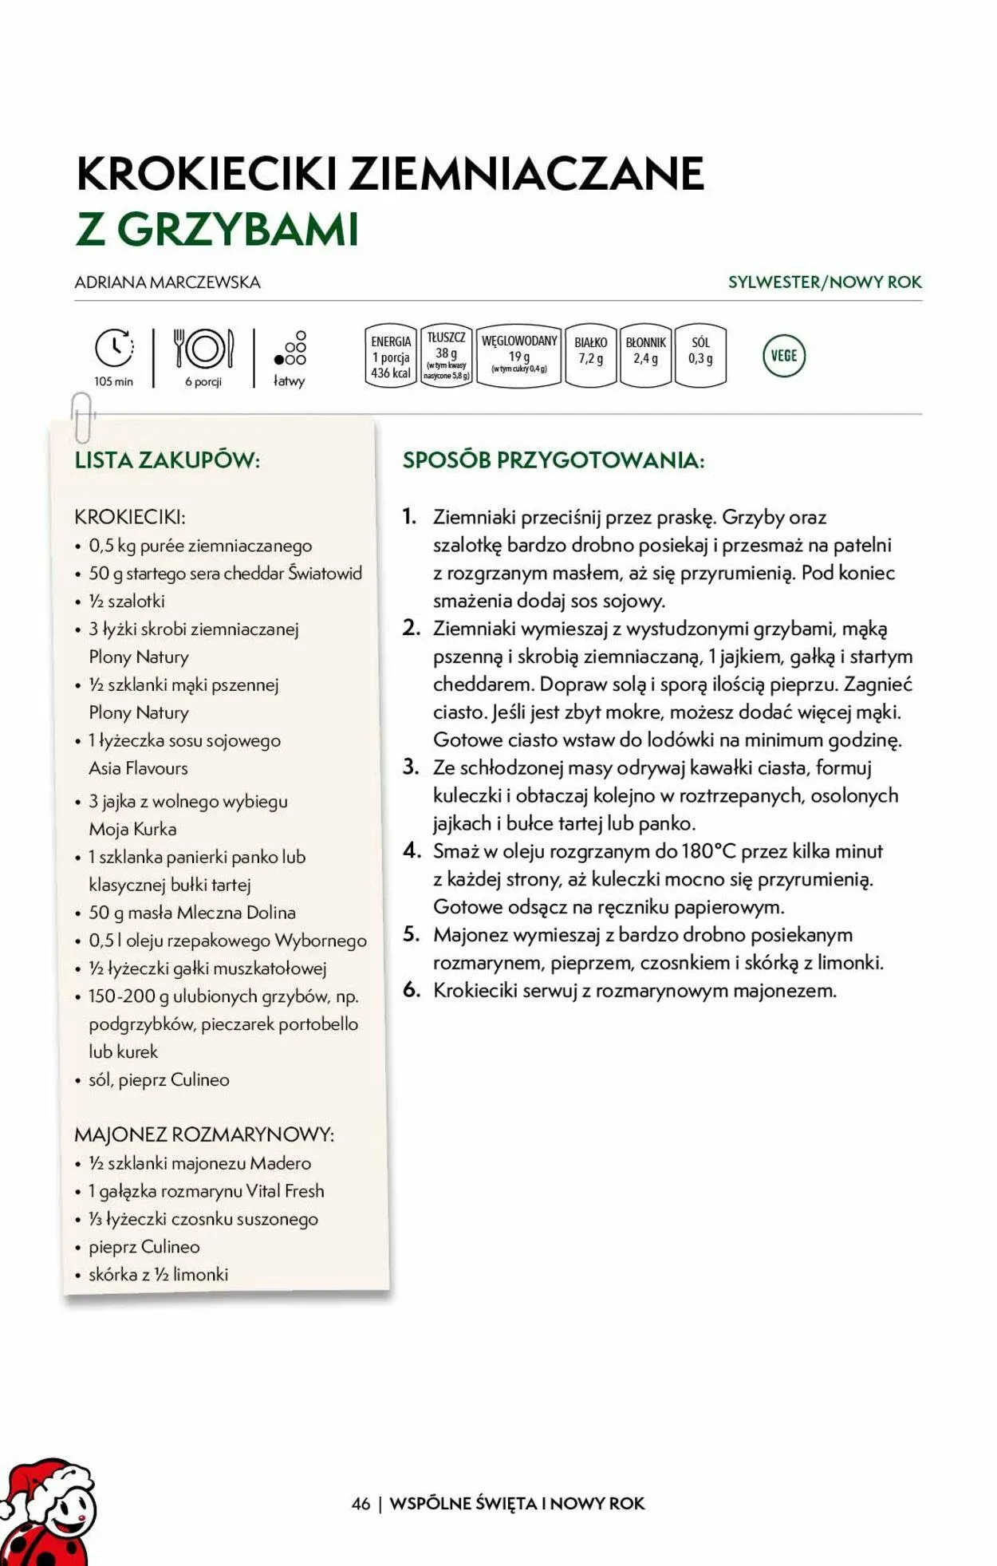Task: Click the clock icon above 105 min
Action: pyautogui.click(x=114, y=349)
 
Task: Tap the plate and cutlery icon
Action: pyautogui.click(x=204, y=349)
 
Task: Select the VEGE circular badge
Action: pyautogui.click(x=784, y=356)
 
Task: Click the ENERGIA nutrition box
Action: pyautogui.click(x=391, y=356)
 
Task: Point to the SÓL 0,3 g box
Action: pyautogui.click(x=700, y=356)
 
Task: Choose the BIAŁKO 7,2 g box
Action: pyautogui.click(x=590, y=356)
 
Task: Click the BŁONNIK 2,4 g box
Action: pyautogui.click(x=645, y=356)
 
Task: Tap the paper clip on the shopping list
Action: pyautogui.click(x=81, y=417)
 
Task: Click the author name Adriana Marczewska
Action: pyautogui.click(x=167, y=282)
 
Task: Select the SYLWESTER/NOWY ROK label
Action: pyautogui.click(x=825, y=282)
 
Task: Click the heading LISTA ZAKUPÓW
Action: pyautogui.click(x=167, y=460)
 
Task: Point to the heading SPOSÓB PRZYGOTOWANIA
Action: pyautogui.click(x=554, y=460)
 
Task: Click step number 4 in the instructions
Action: pyautogui.click(x=412, y=850)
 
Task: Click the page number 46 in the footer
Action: pyautogui.click(x=361, y=1503)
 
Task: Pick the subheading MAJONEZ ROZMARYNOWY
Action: pyautogui.click(x=204, y=1134)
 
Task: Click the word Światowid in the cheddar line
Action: pyautogui.click(x=325, y=574)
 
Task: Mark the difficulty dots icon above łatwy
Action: pyautogui.click(x=290, y=349)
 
